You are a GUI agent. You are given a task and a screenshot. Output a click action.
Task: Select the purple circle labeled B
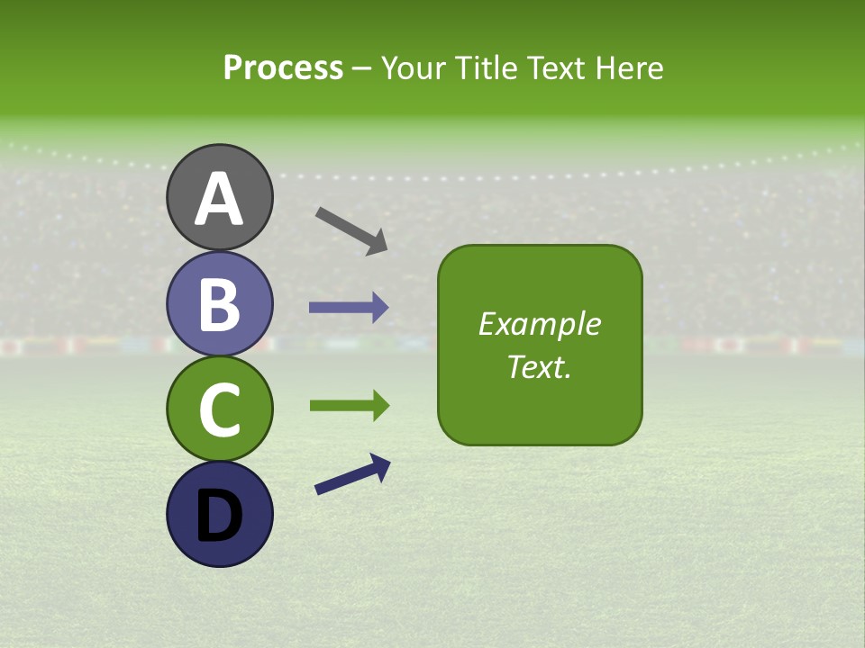click(219, 304)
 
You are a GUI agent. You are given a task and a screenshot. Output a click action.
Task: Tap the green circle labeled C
click(219, 409)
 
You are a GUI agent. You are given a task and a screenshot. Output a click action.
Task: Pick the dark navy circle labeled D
click(219, 514)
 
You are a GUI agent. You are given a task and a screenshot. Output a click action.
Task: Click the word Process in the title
click(283, 67)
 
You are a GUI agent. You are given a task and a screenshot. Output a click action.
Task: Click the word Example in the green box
click(539, 324)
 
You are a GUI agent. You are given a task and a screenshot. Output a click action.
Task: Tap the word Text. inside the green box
click(539, 367)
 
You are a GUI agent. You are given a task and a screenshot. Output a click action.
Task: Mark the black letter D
click(219, 517)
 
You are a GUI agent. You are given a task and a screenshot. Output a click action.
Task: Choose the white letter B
click(219, 305)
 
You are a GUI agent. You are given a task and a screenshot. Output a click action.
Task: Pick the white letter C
click(219, 410)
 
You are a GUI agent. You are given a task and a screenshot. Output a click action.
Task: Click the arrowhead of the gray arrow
click(377, 241)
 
